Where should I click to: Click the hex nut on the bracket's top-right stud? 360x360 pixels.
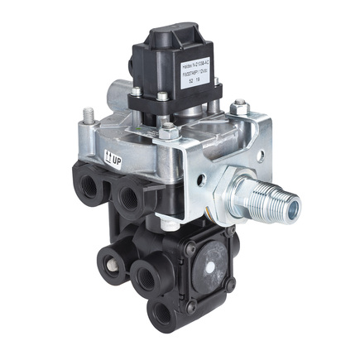click(238, 108)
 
